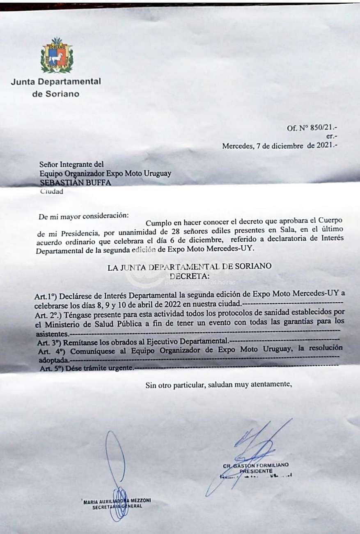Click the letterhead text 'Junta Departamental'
[x=56, y=81]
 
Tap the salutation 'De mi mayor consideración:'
[x=83, y=215]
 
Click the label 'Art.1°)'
[x=45, y=296]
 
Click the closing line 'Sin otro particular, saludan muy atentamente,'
[x=218, y=385]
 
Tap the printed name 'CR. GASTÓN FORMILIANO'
[x=256, y=465]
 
